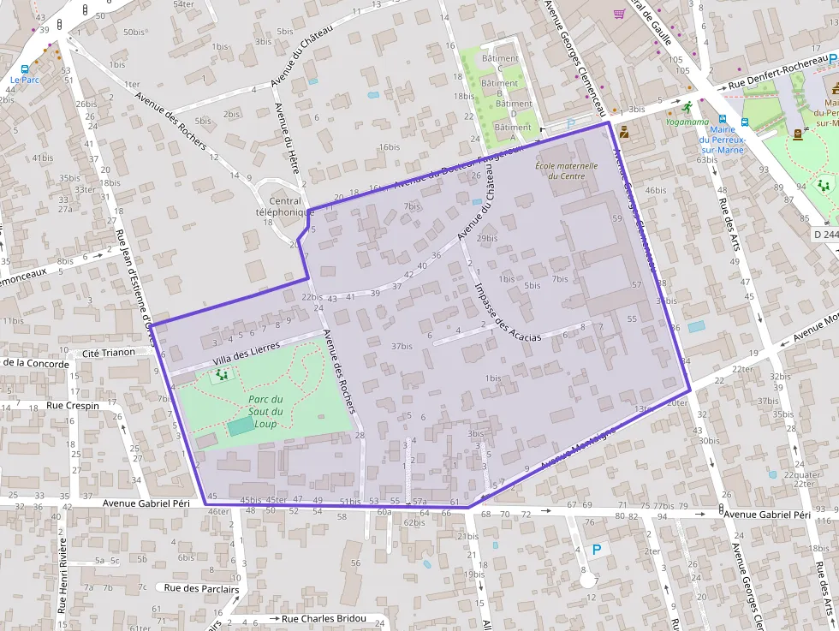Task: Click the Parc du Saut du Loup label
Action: [x=265, y=412]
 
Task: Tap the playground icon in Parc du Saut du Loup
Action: [x=223, y=374]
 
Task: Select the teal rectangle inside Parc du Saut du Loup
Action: [x=241, y=426]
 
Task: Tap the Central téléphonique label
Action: [x=280, y=206]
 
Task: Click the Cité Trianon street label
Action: [x=108, y=353]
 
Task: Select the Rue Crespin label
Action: [x=73, y=405]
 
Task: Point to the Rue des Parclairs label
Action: [x=202, y=587]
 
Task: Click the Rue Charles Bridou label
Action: [x=324, y=618]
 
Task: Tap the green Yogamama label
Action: [x=687, y=122]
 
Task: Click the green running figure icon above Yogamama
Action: [x=687, y=106]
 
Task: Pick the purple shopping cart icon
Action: [x=619, y=15]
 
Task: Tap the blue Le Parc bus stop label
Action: [x=26, y=80]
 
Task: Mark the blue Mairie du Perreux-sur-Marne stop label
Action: [x=723, y=140]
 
